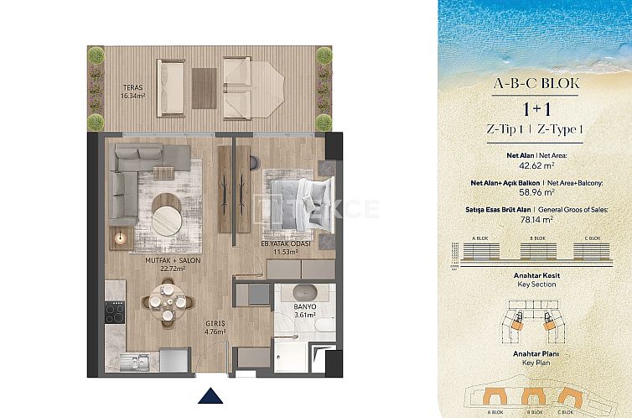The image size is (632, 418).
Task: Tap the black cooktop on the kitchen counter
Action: point(114,317)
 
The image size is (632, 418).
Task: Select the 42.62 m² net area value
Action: point(534,165)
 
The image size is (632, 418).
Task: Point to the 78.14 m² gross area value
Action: point(534,219)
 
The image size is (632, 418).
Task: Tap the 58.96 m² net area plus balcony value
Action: point(534,192)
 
